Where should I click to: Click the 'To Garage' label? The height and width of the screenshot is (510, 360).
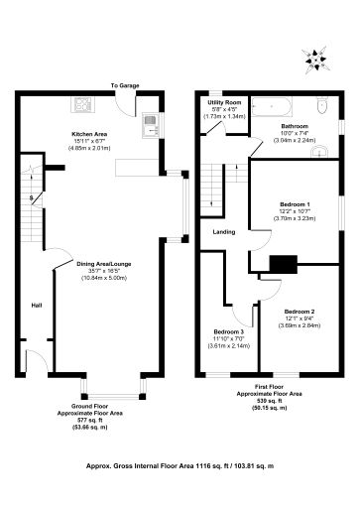pos(125,86)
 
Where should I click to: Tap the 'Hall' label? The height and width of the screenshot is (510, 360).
pos(36,305)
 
